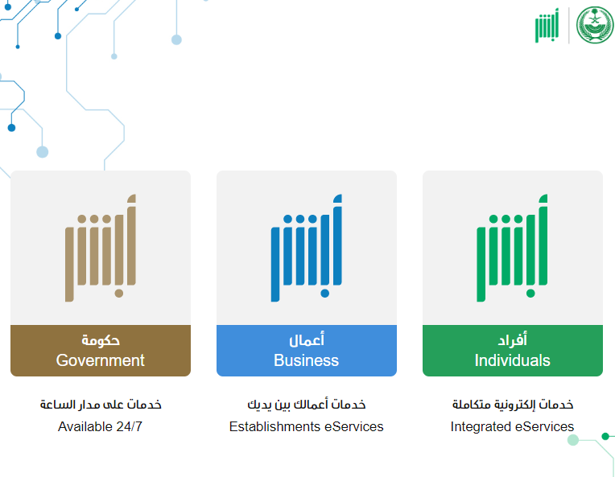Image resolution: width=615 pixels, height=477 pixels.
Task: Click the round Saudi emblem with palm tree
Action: tap(595, 25)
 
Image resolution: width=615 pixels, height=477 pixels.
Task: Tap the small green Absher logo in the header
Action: tap(547, 26)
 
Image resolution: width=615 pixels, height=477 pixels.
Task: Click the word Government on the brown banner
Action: tap(101, 360)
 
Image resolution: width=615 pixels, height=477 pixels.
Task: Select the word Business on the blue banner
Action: tap(307, 360)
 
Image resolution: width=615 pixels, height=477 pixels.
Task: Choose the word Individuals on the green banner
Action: tap(512, 360)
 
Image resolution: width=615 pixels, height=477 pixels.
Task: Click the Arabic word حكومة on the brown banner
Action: tap(101, 339)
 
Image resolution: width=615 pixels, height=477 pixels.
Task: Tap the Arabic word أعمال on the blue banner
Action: tap(307, 339)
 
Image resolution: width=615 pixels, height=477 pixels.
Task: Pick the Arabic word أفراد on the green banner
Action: tap(512, 339)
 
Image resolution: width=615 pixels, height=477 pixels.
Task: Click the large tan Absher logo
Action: tap(101, 248)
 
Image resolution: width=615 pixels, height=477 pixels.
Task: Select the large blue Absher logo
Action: tap(307, 248)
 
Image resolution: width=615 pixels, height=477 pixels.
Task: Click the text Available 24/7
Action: tap(100, 426)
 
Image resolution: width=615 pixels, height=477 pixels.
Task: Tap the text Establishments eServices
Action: tap(307, 426)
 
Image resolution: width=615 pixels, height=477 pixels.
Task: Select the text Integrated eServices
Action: tap(512, 426)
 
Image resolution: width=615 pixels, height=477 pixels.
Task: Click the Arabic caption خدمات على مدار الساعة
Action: tap(101, 404)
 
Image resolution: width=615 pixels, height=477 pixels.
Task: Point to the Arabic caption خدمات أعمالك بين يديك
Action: tap(307, 404)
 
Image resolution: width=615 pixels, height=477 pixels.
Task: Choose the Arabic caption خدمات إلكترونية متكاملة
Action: tap(513, 404)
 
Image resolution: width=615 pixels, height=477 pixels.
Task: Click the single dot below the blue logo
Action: tap(324, 293)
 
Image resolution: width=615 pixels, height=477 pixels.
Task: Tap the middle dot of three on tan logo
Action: tap(94, 219)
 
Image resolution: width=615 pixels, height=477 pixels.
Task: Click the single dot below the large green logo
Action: tap(530, 293)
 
